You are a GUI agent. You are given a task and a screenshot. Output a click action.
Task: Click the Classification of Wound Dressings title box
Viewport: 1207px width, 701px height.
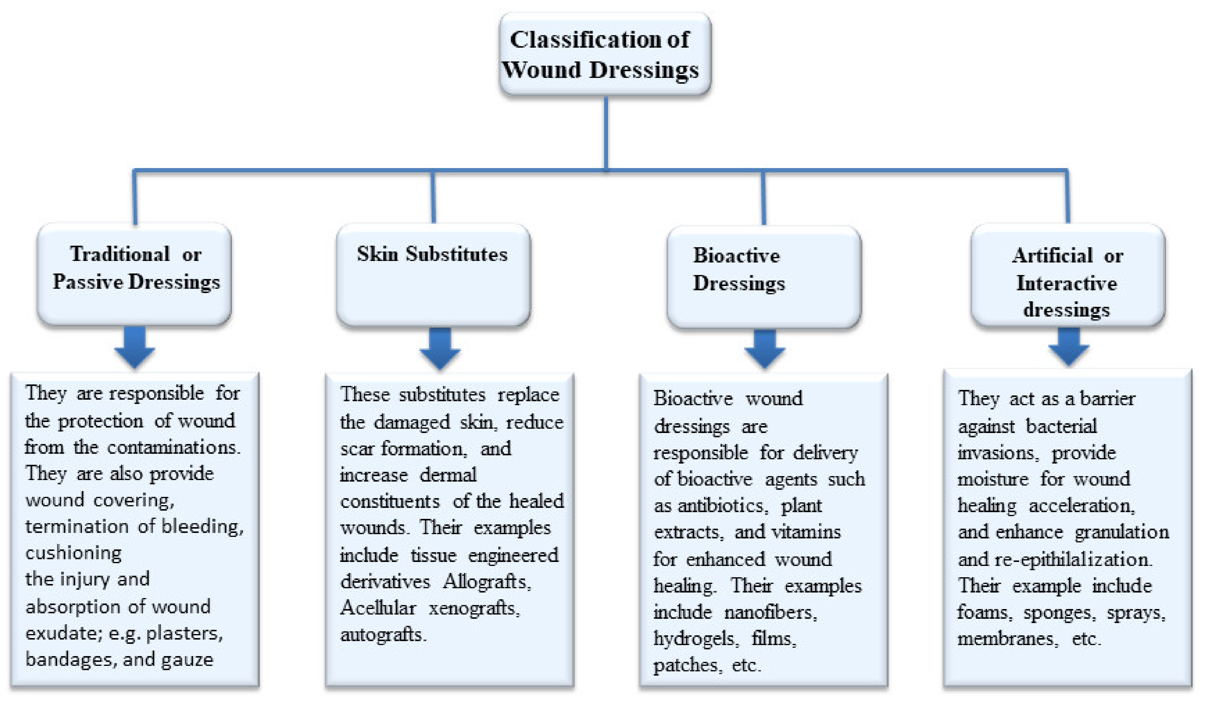(x=604, y=54)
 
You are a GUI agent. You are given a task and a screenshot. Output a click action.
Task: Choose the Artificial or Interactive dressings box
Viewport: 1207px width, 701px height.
(x=1068, y=275)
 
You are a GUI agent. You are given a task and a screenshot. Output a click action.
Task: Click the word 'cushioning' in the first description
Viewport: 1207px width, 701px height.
(x=73, y=553)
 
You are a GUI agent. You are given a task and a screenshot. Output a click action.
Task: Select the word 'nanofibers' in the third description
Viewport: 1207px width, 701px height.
(x=770, y=612)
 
